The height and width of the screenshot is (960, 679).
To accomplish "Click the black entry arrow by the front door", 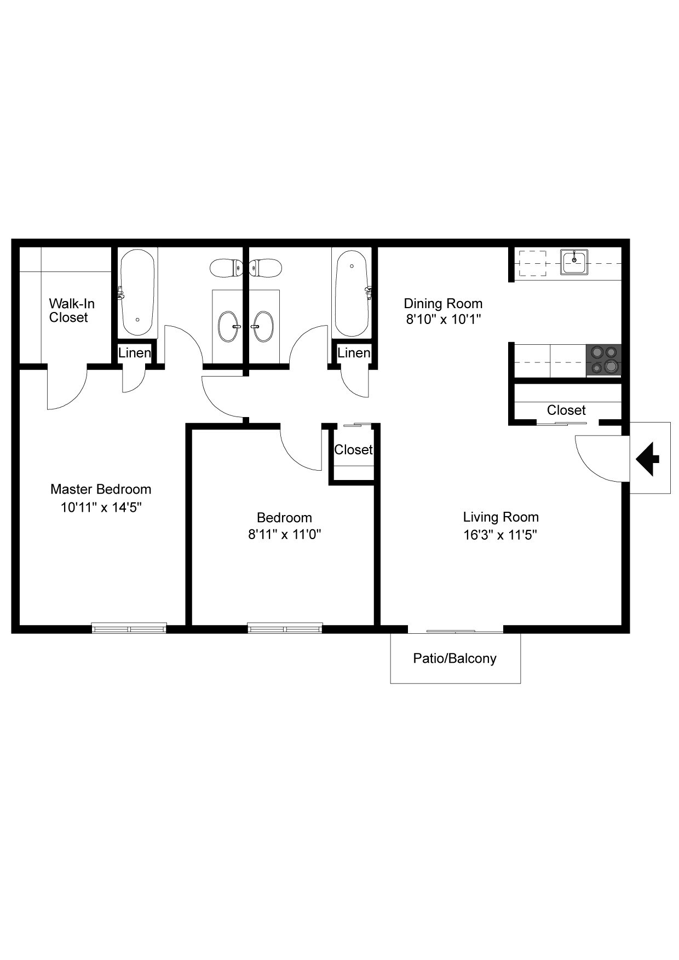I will point(648,459).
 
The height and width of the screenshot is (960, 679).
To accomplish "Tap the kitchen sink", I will point(573,262).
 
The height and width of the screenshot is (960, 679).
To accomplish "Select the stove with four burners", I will point(603,360).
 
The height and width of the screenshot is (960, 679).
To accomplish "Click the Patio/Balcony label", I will point(454,658).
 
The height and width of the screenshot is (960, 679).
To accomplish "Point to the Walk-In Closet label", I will point(71,310).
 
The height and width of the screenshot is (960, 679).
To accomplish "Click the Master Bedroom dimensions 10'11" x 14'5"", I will point(101,507).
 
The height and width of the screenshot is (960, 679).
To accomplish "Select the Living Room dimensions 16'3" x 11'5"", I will point(500,535).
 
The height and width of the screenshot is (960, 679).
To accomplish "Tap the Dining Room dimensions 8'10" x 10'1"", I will point(443,319).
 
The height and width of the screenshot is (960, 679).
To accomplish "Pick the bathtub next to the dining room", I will point(352,293).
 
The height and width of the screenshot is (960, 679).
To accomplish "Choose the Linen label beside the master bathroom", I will point(135,353).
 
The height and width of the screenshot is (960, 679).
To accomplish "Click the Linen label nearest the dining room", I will point(354,353).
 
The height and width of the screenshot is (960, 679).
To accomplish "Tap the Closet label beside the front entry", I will point(566,410).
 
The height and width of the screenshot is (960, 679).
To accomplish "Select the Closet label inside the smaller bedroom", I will point(353,450).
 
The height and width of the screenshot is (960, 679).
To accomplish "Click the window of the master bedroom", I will point(129,628).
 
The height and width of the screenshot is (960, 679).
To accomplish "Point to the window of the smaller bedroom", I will point(285,628).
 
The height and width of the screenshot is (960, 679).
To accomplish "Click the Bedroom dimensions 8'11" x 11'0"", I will point(284,535).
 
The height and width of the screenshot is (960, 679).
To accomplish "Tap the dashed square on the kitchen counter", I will point(532,263).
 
